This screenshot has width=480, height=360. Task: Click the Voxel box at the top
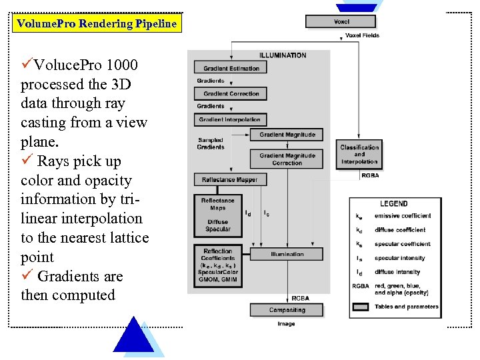click(x=341, y=22)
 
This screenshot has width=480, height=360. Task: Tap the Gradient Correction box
click(x=231, y=93)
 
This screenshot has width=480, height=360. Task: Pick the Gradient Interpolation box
click(x=231, y=119)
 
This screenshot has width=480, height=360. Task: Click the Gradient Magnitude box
click(x=287, y=135)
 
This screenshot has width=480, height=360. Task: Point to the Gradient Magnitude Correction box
click(x=287, y=159)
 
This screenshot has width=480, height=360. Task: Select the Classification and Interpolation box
click(x=359, y=155)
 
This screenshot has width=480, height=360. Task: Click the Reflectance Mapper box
click(x=230, y=179)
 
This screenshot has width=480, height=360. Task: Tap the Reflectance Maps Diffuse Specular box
click(x=217, y=215)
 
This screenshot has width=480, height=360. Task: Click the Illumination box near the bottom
click(x=287, y=254)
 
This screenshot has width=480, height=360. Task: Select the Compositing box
click(x=287, y=310)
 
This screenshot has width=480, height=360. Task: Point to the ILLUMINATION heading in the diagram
click(x=283, y=55)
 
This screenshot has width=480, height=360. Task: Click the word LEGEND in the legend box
click(x=393, y=203)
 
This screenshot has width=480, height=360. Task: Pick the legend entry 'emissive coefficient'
click(x=402, y=216)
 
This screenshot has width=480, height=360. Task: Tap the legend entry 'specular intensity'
click(x=399, y=258)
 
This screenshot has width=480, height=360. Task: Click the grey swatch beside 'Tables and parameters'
click(x=361, y=307)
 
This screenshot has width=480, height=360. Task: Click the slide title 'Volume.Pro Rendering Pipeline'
click(x=97, y=24)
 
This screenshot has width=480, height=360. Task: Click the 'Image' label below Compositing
click(x=286, y=324)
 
